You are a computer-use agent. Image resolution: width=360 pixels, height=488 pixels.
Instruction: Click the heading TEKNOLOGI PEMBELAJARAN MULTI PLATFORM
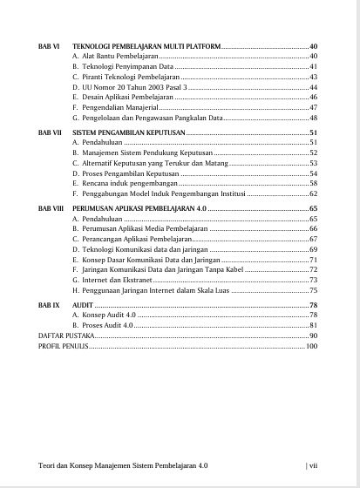(x=146, y=44)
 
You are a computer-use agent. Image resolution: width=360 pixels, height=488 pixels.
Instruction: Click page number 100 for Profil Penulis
(x=312, y=346)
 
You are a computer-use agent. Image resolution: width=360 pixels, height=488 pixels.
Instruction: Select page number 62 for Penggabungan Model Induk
(x=313, y=194)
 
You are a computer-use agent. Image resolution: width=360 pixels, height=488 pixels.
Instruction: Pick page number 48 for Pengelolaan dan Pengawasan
(x=313, y=118)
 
